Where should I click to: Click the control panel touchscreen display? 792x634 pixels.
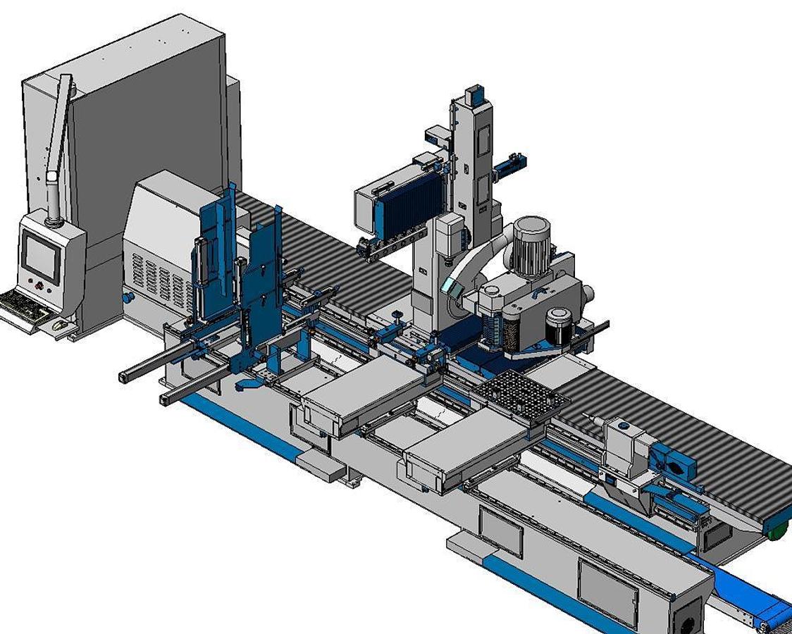(x=40, y=256)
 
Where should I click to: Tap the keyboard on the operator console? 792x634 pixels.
(x=25, y=306)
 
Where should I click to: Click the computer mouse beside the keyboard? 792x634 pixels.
(x=61, y=325)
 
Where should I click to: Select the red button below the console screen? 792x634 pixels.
(x=38, y=286)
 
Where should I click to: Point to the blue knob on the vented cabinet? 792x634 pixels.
(x=128, y=298)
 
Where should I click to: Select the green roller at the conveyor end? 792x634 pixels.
(x=776, y=530)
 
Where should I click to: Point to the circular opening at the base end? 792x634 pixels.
(x=687, y=620)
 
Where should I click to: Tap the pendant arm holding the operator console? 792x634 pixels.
(x=59, y=148)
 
